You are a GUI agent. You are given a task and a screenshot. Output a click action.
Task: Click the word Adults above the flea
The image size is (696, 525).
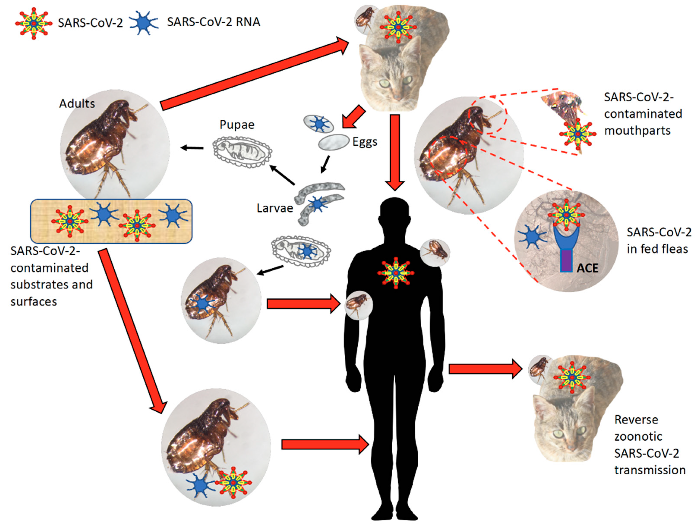pyautogui.click(x=77, y=103)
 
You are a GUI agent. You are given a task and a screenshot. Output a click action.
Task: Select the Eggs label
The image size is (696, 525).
pyautogui.click(x=365, y=142)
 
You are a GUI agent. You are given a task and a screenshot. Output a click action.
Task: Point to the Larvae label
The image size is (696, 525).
pyautogui.click(x=275, y=208)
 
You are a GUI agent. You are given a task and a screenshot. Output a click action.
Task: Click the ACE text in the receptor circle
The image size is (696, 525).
pyautogui.click(x=587, y=268)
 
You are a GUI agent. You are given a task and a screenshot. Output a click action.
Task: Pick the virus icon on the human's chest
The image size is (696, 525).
pyautogui.click(x=396, y=273)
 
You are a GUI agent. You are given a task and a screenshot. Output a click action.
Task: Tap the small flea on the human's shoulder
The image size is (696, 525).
pyautogui.click(x=435, y=252)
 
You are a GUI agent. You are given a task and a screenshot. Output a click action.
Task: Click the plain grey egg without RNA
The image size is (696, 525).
pyautogui.click(x=333, y=142)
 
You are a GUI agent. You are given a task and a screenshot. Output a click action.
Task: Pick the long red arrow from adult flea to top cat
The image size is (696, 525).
pyautogui.click(x=255, y=74)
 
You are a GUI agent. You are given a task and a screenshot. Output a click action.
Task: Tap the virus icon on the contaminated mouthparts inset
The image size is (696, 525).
pyautogui.click(x=577, y=134)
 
